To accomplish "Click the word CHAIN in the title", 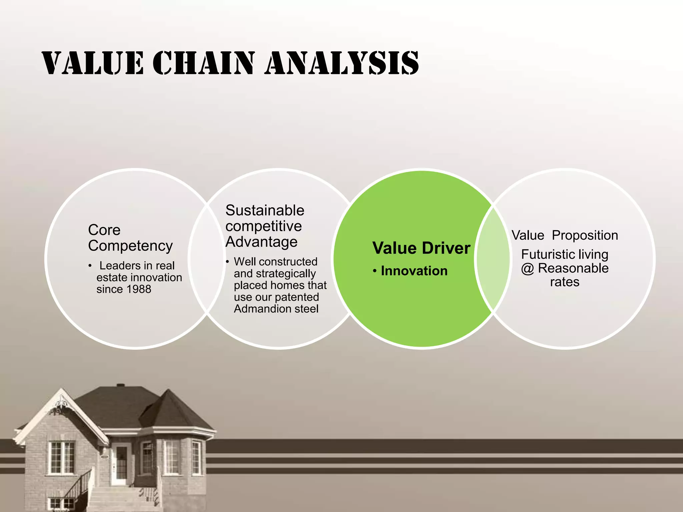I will click(x=204, y=63).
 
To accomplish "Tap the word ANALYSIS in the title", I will click(x=342, y=63).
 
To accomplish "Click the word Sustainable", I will click(x=265, y=211).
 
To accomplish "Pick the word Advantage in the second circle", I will click(x=261, y=242).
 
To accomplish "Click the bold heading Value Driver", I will click(x=421, y=248).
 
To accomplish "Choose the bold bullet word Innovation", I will click(x=414, y=271).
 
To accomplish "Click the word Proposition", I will click(x=585, y=235).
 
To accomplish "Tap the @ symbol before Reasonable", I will click(x=528, y=268).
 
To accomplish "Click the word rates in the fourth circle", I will click(x=565, y=282).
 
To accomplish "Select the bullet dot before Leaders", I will click(x=90, y=266).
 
